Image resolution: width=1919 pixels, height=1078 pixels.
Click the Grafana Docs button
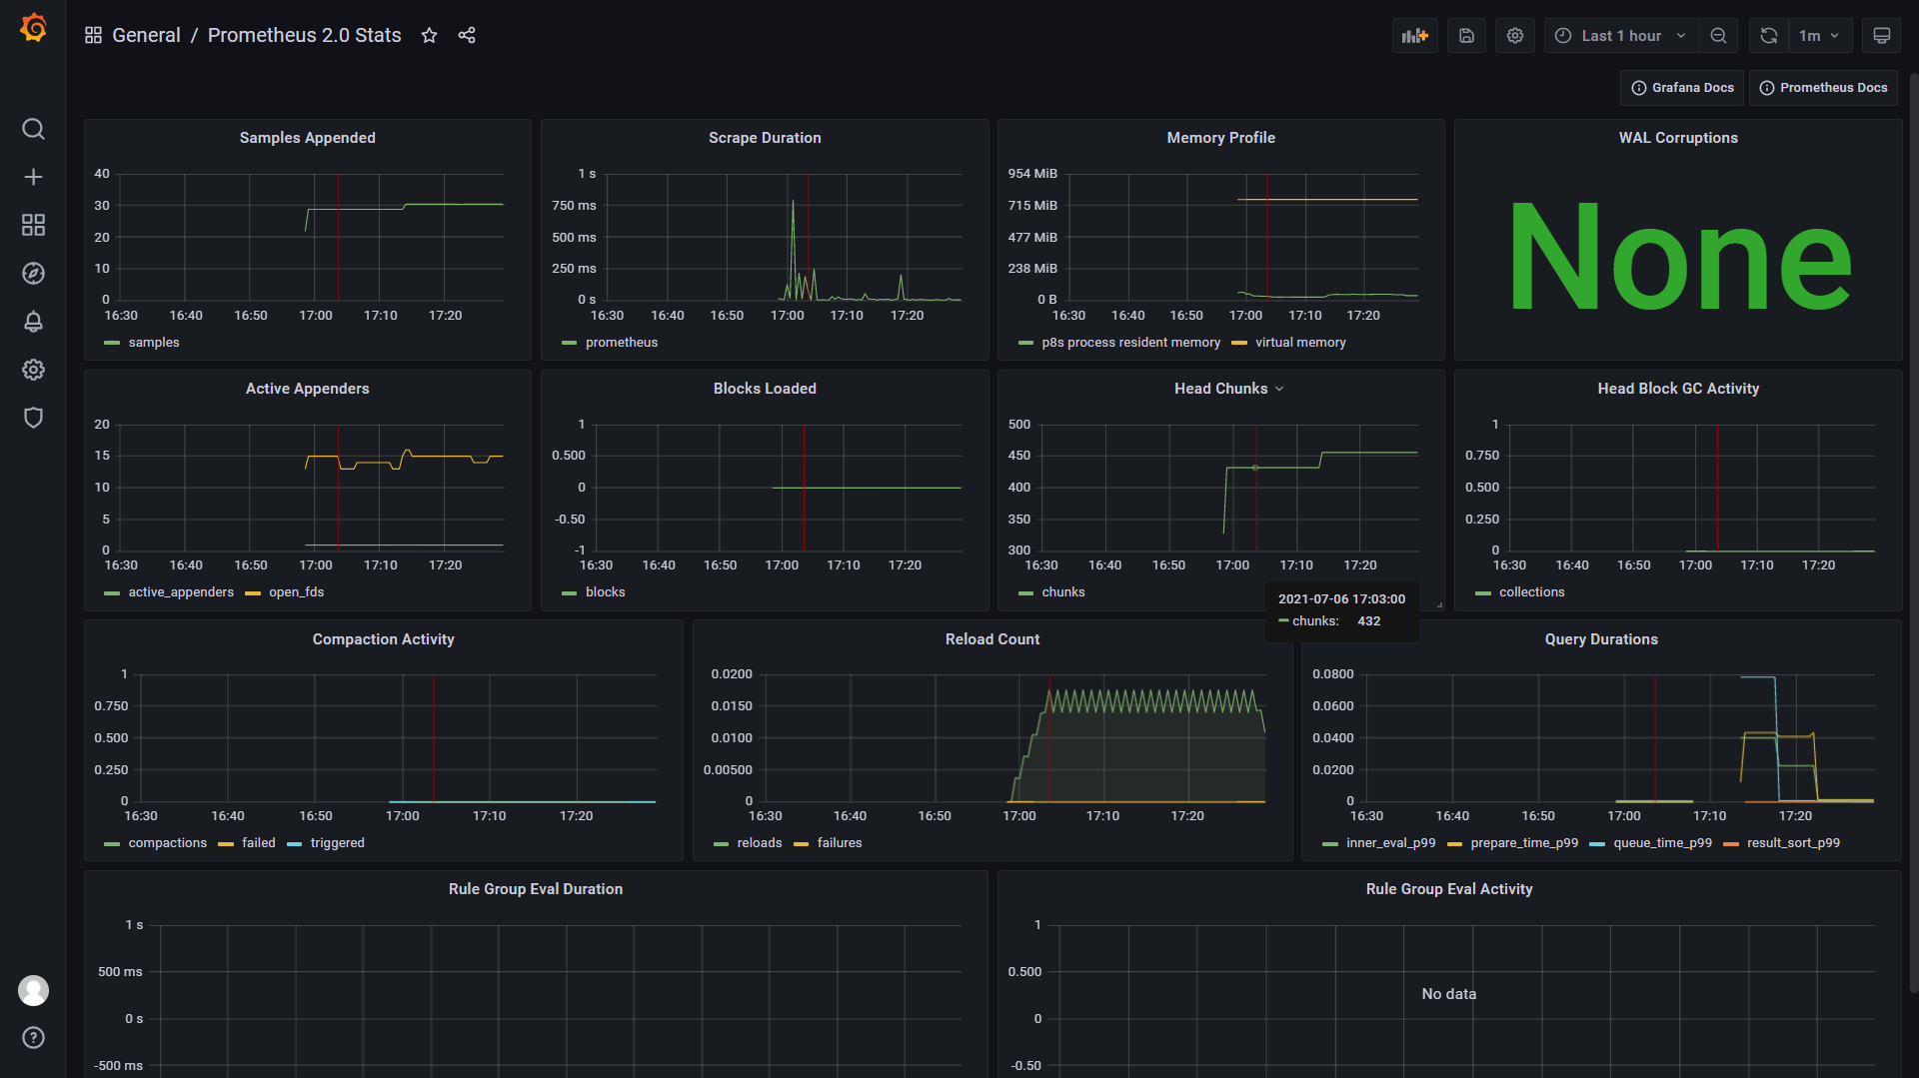1682,88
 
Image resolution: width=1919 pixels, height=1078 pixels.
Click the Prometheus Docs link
1824,88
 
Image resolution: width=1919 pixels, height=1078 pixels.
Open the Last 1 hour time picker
1620,36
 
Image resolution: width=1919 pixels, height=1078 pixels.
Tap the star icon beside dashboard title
429,36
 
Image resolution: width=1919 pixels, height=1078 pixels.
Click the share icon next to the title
467,36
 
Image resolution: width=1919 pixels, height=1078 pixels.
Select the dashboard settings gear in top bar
1515,36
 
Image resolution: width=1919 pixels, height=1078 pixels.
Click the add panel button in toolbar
1414,36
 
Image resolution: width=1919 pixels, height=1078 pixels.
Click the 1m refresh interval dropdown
1819,36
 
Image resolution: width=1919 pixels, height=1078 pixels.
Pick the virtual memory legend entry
1299,343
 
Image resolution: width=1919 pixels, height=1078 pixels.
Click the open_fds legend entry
296,592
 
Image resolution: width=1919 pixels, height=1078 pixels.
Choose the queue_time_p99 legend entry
1661,843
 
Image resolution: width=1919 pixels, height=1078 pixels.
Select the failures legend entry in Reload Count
839,843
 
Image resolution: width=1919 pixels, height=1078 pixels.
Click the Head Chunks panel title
1220,389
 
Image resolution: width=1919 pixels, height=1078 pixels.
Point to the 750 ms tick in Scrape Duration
574,206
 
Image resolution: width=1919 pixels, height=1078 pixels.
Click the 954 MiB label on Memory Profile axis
1031,174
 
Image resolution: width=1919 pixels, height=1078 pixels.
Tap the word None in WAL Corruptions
1678,257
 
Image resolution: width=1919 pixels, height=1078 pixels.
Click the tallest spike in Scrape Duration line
794,203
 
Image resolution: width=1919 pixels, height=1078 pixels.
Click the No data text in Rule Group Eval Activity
1448,994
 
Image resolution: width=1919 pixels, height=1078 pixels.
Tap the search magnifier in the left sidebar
33,129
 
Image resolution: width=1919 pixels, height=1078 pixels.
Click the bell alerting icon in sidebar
33,322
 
